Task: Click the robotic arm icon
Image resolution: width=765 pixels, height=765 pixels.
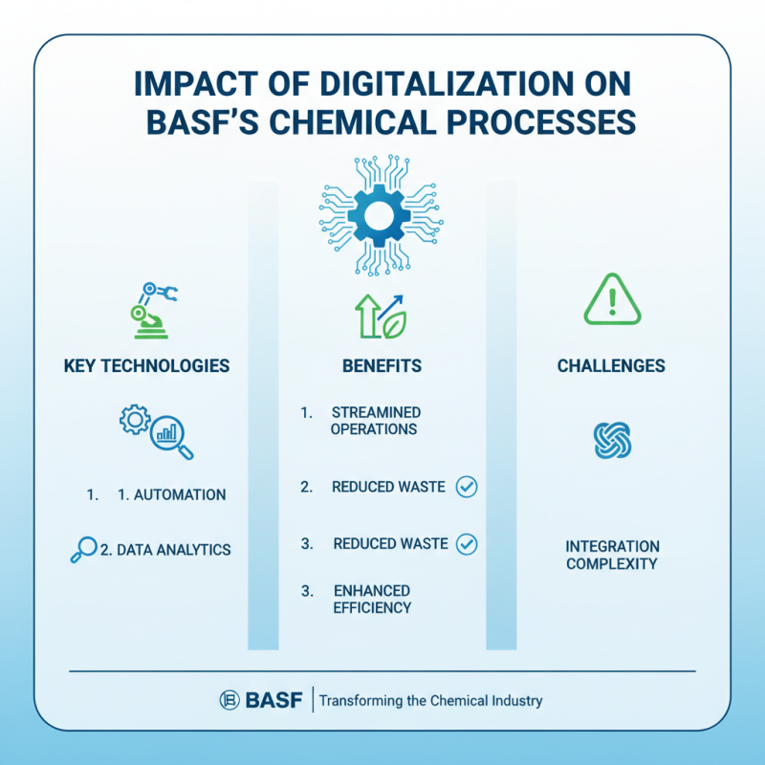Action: click(x=154, y=310)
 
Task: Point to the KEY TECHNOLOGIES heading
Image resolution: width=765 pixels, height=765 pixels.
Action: click(x=146, y=365)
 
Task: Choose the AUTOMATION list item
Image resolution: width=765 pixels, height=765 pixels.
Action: click(x=172, y=495)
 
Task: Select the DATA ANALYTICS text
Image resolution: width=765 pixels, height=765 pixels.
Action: click(x=164, y=550)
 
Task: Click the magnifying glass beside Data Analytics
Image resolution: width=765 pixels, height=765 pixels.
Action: click(x=84, y=550)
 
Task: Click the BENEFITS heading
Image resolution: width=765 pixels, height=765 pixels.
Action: click(x=382, y=365)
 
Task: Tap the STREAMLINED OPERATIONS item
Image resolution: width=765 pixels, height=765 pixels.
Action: click(x=375, y=421)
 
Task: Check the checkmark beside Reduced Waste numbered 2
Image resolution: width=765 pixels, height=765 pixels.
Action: click(x=467, y=487)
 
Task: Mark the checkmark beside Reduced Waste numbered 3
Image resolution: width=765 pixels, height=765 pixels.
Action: click(x=467, y=544)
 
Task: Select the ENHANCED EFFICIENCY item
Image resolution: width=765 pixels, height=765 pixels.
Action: click(x=373, y=600)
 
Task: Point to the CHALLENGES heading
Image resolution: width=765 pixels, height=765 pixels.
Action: click(x=611, y=365)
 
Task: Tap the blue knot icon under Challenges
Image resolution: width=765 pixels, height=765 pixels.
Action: click(x=612, y=441)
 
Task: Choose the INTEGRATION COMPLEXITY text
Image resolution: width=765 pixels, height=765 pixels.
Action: click(x=612, y=556)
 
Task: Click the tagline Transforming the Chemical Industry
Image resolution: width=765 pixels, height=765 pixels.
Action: click(x=430, y=701)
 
